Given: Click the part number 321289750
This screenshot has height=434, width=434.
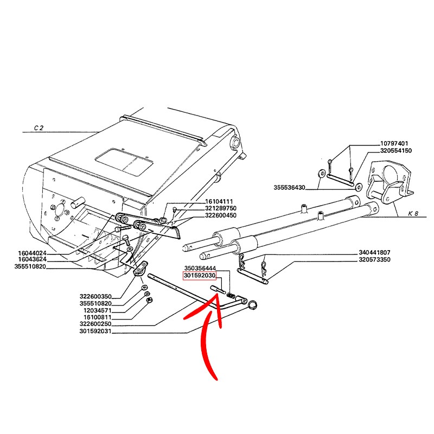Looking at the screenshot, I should (221, 208).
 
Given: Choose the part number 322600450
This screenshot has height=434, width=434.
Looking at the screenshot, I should (221, 215).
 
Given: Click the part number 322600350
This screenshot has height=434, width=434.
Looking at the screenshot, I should (97, 296).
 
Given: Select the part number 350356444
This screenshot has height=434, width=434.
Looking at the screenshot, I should (200, 269).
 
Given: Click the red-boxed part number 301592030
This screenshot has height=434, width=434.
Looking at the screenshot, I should (200, 276).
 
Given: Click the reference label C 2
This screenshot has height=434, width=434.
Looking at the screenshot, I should (38, 129).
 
